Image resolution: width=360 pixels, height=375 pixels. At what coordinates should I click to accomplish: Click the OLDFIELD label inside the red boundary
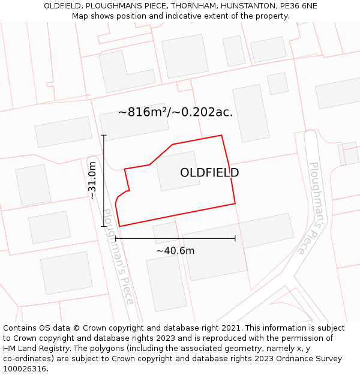coord(209,173)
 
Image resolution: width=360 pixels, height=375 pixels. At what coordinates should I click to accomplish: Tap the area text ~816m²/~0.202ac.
coord(175,112)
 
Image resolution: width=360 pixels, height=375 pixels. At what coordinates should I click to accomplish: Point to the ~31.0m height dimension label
coord(92,181)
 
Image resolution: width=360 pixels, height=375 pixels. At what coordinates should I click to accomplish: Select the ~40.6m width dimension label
coord(175,251)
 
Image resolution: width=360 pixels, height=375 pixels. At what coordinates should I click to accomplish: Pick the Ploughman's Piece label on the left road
coord(118,256)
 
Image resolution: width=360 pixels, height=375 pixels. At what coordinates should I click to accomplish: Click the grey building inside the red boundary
coord(178,171)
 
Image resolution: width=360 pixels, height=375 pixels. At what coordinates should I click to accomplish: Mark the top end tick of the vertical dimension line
coord(104,135)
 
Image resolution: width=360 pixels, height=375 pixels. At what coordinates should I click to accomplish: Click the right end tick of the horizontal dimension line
coord(235,238)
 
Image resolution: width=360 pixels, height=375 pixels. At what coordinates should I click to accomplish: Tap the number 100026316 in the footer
coord(25,368)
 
